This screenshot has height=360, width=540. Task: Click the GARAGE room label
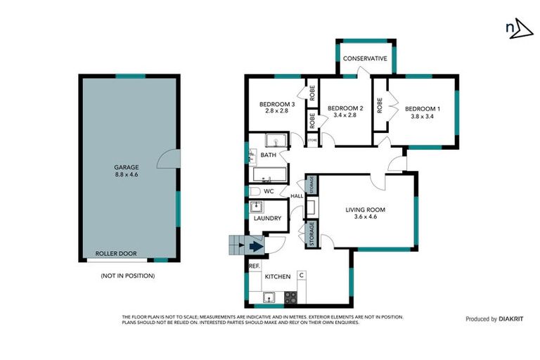[x=127, y=167]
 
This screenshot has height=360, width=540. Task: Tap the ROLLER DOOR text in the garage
[x=116, y=254]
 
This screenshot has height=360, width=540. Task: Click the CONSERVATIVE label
[x=365, y=58]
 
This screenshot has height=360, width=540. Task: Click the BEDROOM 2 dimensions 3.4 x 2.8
[x=345, y=115]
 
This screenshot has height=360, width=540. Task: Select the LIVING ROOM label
[x=365, y=210]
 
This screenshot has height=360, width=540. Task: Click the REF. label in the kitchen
[x=254, y=266]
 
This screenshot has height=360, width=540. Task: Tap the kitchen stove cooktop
[x=290, y=297]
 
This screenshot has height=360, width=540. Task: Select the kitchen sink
[x=269, y=298]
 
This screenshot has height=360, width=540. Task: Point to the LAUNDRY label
[x=267, y=219]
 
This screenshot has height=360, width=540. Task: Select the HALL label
[x=296, y=195]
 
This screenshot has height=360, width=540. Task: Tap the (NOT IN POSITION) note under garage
[x=127, y=276]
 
